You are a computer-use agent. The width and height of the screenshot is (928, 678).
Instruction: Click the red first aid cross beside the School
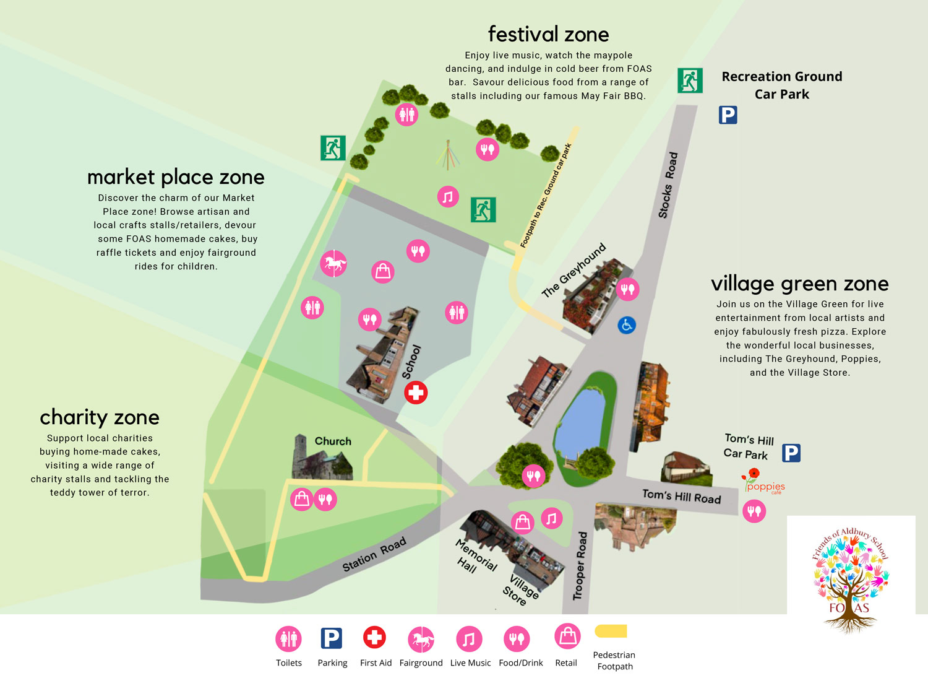[416, 393]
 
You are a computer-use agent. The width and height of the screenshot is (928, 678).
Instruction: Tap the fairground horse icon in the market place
[333, 264]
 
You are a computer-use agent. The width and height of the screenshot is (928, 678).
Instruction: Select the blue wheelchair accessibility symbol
[627, 324]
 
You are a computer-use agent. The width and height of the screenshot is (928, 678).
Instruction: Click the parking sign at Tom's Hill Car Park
[791, 453]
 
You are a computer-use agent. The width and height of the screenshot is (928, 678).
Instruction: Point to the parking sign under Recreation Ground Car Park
[728, 115]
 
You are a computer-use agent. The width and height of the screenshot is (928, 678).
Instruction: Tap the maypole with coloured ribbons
[448, 155]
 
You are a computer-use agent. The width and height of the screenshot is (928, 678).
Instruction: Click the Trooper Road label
[579, 565]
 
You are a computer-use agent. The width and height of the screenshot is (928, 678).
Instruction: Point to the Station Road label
[374, 554]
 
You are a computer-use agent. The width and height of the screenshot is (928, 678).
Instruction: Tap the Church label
[333, 441]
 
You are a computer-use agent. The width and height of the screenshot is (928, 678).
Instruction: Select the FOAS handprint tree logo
[850, 579]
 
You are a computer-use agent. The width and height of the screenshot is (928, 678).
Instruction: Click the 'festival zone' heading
[548, 34]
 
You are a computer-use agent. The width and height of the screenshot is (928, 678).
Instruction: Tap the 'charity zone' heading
[100, 417]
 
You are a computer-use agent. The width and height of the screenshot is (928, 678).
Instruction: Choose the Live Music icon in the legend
[469, 639]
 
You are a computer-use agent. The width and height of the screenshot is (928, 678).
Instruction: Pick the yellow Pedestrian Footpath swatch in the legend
[611, 631]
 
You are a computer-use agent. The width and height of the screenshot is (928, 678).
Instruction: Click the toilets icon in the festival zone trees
[406, 115]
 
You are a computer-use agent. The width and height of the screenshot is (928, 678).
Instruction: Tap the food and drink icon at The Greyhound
[627, 289]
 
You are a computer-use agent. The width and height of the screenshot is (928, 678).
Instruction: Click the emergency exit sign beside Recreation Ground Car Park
[690, 80]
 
